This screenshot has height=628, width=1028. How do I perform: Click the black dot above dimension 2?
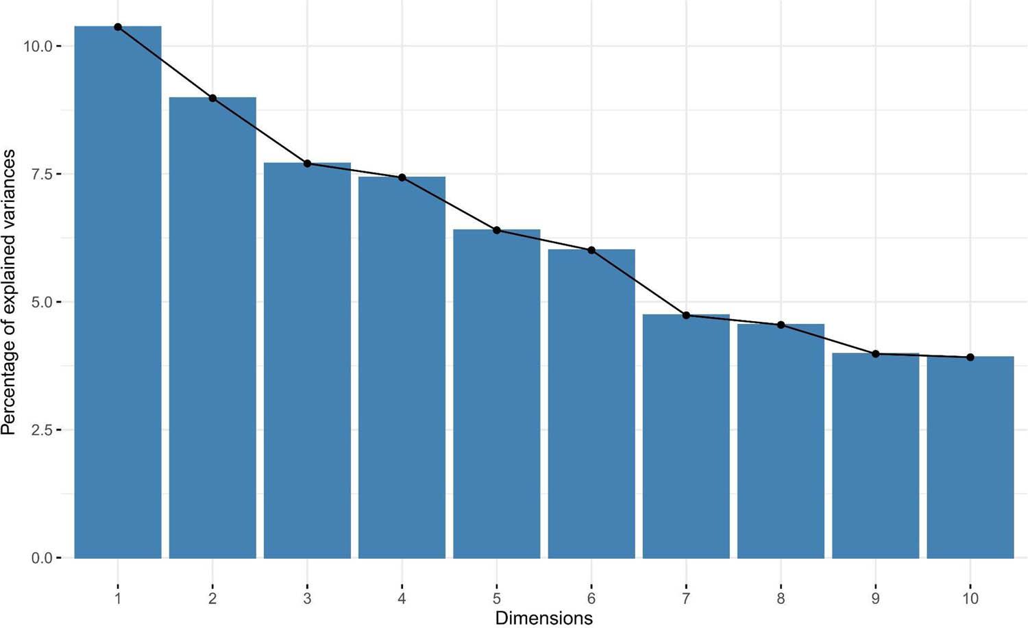(x=212, y=99)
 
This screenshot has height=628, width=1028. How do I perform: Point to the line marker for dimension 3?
(x=307, y=164)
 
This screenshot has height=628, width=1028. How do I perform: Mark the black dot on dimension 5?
(x=497, y=230)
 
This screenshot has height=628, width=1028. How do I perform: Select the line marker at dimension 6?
(x=591, y=250)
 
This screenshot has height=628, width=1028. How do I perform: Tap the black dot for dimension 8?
(x=781, y=325)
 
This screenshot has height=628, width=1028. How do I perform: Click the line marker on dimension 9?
(x=876, y=354)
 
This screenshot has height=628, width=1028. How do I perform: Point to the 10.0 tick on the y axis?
(x=38, y=47)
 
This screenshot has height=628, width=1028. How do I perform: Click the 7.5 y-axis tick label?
(x=42, y=174)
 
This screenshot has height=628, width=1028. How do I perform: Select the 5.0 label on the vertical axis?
(x=42, y=302)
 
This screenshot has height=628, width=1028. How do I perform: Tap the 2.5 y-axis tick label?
(x=42, y=430)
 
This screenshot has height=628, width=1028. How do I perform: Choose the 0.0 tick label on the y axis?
(x=42, y=558)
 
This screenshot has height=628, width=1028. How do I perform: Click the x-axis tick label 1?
(x=118, y=599)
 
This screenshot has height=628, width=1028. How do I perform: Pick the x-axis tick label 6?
(x=591, y=599)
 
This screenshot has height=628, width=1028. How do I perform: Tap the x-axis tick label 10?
(x=970, y=599)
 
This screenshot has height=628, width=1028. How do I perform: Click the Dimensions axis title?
(x=543, y=618)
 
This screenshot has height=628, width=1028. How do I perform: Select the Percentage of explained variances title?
(x=9, y=292)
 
